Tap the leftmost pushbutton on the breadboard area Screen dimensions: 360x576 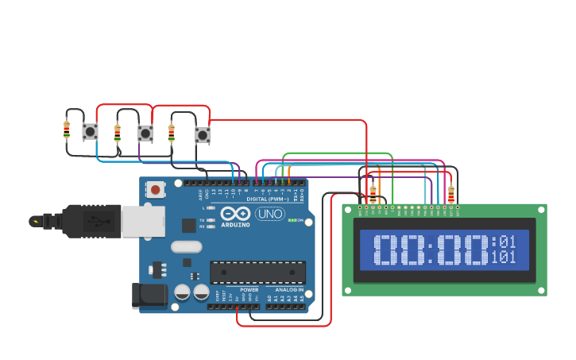(x=90, y=131)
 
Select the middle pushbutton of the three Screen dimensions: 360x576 (x=145, y=133)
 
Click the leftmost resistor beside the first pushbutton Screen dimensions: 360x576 (x=67, y=130)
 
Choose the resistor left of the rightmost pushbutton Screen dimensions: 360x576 (x=172, y=132)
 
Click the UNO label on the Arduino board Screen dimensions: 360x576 (x=270, y=214)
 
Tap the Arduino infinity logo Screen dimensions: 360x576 (x=236, y=213)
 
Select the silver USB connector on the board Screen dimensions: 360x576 (x=142, y=221)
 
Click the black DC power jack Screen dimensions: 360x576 (x=149, y=296)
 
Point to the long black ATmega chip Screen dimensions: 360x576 (x=257, y=272)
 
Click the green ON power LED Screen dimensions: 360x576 (x=292, y=220)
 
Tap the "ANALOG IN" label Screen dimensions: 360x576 (x=289, y=290)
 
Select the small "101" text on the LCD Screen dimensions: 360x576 (x=504, y=257)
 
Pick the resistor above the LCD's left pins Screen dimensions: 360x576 (x=373, y=192)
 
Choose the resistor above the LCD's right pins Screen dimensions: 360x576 (x=451, y=194)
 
